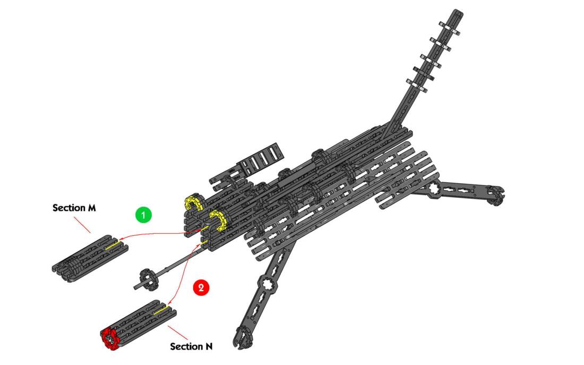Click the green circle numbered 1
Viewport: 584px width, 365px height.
143,215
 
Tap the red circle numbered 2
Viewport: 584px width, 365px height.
201,288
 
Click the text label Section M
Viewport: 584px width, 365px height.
74,208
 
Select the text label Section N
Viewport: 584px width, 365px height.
191,346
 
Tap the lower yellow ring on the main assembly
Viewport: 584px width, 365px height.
218,220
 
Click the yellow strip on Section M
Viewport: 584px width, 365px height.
114,245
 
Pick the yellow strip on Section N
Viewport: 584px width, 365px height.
161,309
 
